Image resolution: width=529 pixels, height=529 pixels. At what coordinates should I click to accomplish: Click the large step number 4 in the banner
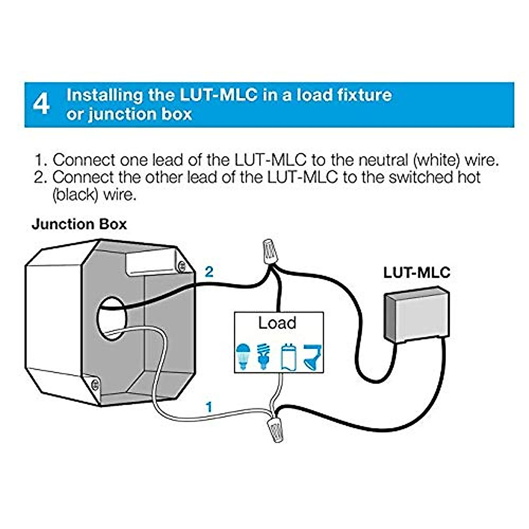41,105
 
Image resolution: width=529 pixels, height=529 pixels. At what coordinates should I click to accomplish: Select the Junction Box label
79,224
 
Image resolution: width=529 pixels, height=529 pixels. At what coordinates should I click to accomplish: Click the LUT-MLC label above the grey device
417,272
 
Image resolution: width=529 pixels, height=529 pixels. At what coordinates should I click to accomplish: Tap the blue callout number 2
209,272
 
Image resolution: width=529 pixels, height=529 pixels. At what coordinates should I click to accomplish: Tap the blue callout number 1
209,406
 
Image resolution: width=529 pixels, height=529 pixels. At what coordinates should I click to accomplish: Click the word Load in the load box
277,323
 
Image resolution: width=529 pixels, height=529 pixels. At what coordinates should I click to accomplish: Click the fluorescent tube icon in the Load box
287,356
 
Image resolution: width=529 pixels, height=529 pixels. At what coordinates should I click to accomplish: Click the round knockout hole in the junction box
111,318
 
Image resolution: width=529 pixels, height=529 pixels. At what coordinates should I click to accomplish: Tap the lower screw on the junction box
94,385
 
